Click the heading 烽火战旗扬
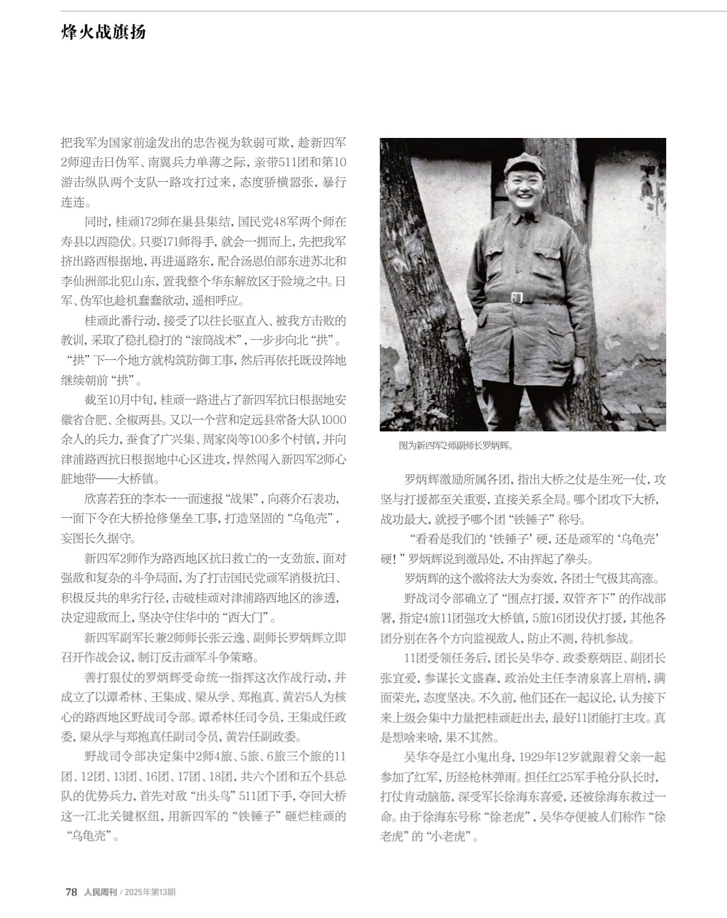tap(103, 33)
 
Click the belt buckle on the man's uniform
tap(518, 297)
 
